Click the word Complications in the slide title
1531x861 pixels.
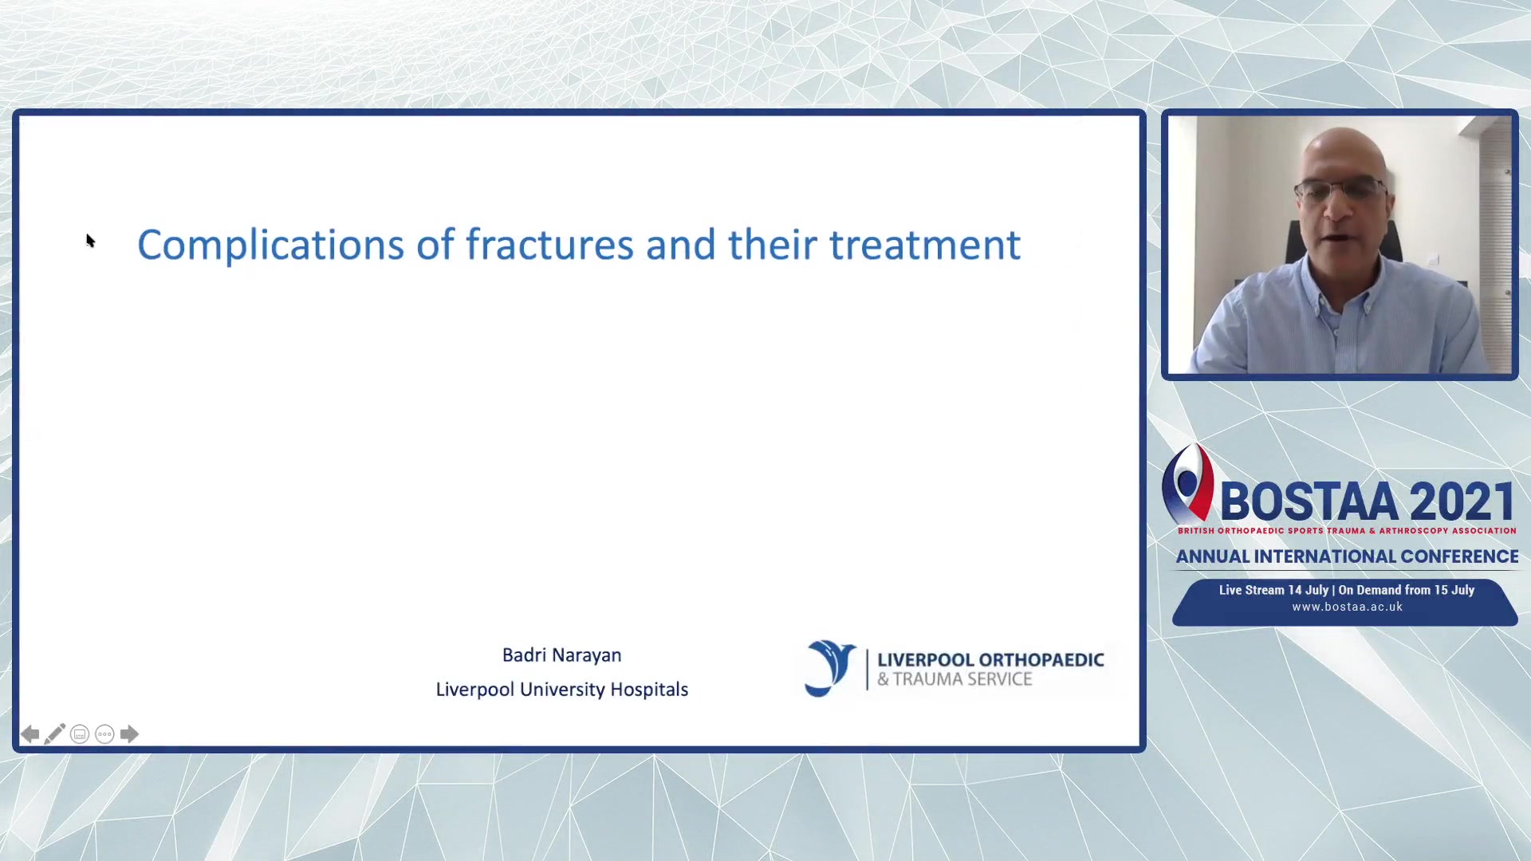click(x=271, y=245)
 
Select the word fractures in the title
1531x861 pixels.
click(x=550, y=244)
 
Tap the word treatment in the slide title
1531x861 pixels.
click(x=925, y=245)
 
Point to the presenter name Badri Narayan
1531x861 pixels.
click(x=561, y=655)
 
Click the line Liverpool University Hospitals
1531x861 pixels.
click(x=561, y=689)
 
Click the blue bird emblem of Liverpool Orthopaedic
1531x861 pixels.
click(x=829, y=668)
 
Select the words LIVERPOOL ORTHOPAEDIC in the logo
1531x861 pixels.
click(x=990, y=659)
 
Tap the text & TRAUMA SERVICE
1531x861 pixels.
click(x=954, y=679)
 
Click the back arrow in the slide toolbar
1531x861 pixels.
click(x=30, y=734)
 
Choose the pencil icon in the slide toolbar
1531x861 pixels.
click(x=55, y=733)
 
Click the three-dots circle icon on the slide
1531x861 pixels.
click(x=104, y=734)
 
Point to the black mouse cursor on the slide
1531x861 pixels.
click(x=90, y=241)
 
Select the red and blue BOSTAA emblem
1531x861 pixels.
click(x=1187, y=483)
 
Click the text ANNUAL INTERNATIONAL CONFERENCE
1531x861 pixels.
click(x=1347, y=556)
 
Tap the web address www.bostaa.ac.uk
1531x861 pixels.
click(x=1347, y=607)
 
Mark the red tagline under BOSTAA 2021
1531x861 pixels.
click(x=1347, y=530)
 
